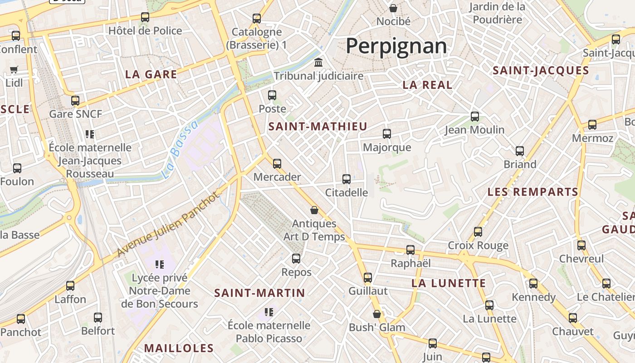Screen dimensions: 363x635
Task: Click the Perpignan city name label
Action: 396,46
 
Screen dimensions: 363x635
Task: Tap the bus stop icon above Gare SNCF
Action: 75,101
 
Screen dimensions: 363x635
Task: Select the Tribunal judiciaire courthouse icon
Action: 318,62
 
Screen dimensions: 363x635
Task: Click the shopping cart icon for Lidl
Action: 14,70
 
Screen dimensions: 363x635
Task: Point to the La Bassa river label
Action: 180,149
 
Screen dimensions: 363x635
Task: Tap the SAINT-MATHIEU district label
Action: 317,127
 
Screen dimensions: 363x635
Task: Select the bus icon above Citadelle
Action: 347,179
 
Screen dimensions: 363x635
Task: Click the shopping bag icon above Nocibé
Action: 393,8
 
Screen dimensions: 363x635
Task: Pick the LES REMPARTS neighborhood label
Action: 533,192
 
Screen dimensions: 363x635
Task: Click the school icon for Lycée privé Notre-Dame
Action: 159,264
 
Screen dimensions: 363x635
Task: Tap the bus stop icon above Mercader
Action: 277,164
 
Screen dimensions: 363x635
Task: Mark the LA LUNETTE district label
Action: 449,284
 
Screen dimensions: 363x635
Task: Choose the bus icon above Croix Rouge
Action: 478,232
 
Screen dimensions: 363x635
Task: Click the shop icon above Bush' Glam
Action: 377,314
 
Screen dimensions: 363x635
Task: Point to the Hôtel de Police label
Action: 145,31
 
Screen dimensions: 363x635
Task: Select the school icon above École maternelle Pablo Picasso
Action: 269,312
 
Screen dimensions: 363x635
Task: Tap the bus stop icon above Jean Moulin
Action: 475,117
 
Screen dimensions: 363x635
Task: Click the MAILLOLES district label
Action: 179,348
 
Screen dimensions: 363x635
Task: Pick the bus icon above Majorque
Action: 387,134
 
